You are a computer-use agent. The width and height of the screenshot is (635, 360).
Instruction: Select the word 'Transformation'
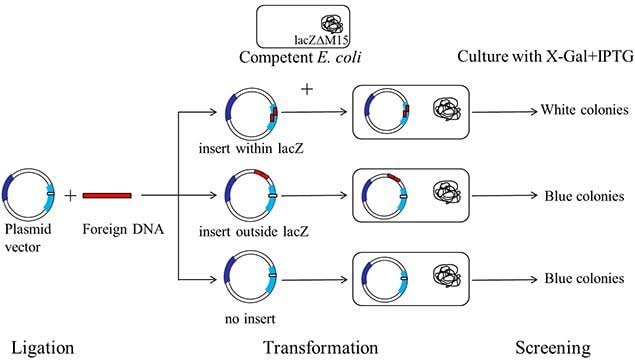tap(320, 346)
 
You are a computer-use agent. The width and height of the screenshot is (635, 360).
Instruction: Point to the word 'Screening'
tap(554, 346)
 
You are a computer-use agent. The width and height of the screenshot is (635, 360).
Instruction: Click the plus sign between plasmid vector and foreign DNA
tap(71, 195)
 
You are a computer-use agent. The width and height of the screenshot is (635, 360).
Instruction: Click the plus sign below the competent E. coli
tap(307, 89)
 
